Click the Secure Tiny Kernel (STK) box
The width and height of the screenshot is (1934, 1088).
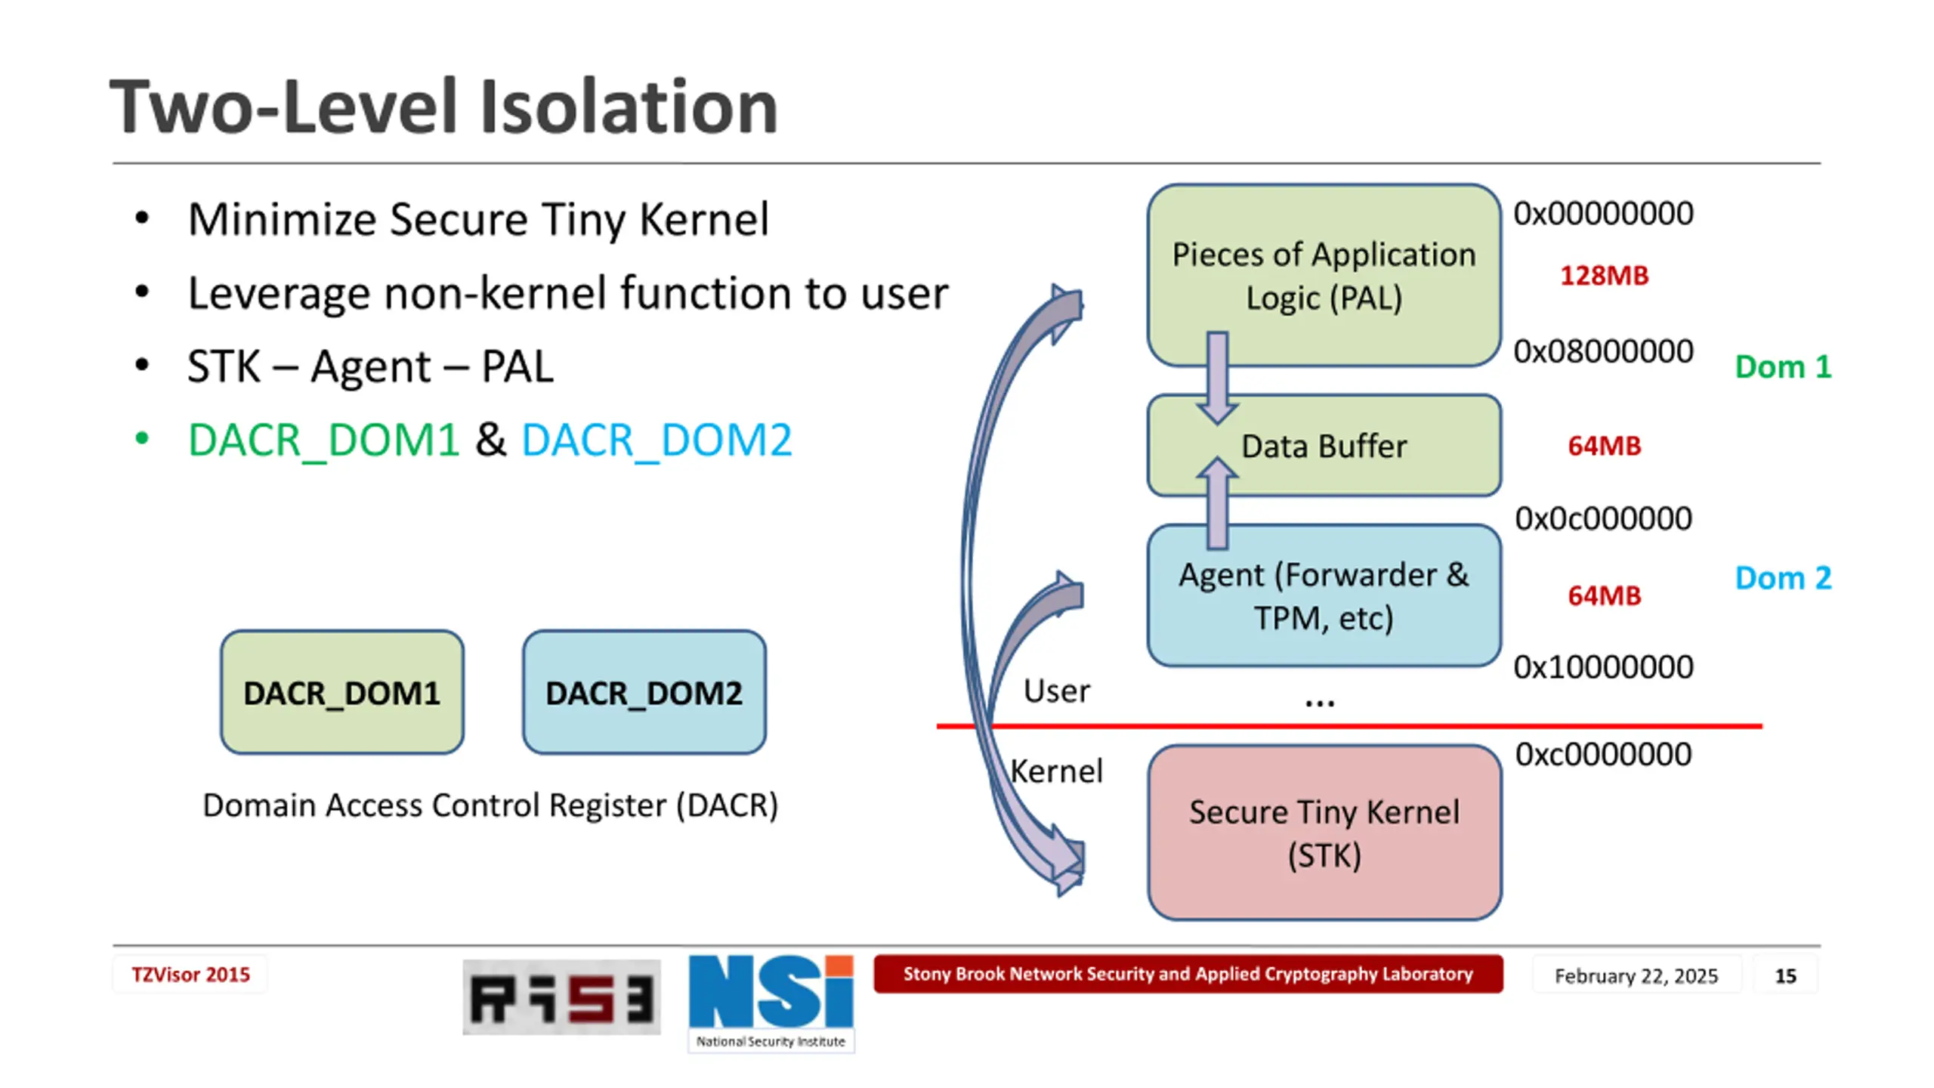[x=1324, y=833]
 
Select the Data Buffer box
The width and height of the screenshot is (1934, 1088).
[x=1324, y=446]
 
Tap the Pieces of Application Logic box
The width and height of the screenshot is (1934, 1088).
[x=1324, y=275]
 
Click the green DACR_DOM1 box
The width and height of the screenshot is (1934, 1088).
[x=341, y=692]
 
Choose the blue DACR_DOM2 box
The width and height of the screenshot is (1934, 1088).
[x=644, y=692]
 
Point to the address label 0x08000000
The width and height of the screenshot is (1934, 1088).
[x=1603, y=351]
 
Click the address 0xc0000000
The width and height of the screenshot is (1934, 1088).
[x=1603, y=754]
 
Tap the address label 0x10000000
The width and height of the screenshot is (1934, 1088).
[x=1603, y=667]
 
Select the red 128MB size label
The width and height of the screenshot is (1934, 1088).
[x=1604, y=275]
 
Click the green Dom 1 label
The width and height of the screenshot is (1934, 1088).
[x=1783, y=367]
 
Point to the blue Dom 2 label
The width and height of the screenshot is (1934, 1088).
[x=1783, y=578]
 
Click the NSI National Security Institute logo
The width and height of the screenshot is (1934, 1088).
[x=771, y=1002]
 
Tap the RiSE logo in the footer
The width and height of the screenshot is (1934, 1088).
[x=561, y=997]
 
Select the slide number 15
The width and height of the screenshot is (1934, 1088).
[x=1785, y=975]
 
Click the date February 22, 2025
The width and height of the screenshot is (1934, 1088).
[x=1636, y=975]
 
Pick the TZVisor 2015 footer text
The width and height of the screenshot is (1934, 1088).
[x=190, y=975]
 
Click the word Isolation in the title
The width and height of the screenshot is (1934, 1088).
[x=629, y=107]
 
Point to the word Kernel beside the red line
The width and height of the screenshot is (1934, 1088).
[x=1056, y=771]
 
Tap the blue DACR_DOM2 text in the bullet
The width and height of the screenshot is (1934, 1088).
[x=657, y=440]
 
